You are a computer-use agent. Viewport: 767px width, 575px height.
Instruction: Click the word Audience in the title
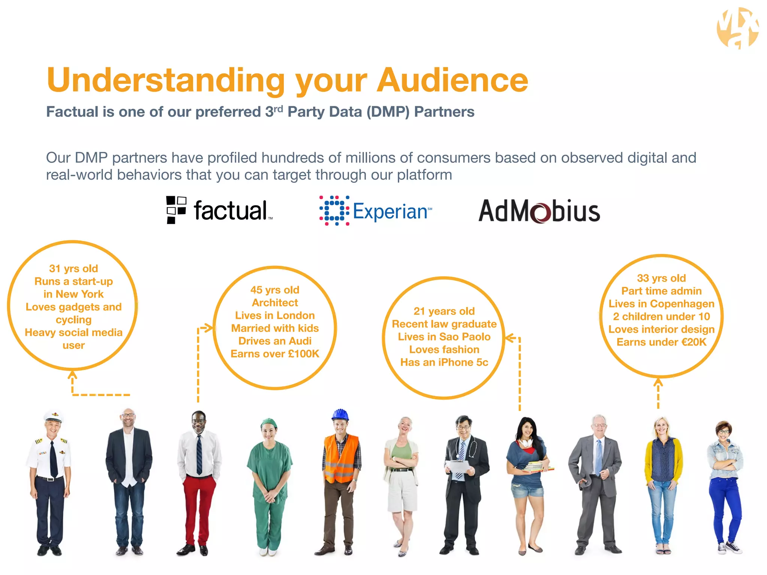pos(452,80)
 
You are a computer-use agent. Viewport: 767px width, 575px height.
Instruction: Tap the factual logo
pos(219,210)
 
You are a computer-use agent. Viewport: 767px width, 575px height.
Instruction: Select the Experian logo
pos(376,211)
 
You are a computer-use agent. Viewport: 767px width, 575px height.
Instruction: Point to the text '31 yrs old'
pos(73,268)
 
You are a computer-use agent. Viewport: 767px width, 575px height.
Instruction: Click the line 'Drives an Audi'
pos(275,341)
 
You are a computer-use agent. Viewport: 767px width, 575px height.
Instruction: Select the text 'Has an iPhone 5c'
pos(444,362)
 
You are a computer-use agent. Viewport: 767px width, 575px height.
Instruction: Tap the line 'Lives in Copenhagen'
pos(661,304)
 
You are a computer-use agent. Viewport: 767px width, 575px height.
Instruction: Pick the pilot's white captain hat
pos(53,416)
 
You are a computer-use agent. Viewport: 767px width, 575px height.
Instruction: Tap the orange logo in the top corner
pos(737,28)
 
